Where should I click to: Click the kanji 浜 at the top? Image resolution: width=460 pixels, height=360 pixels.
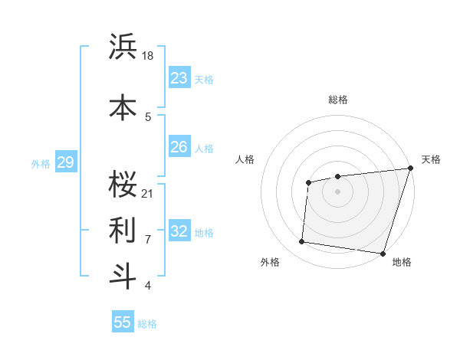tap(123, 47)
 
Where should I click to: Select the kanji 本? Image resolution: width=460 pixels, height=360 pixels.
tap(123, 105)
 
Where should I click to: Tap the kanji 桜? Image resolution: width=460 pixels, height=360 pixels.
tap(123, 182)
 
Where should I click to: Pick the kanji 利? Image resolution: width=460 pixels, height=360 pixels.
tap(123, 229)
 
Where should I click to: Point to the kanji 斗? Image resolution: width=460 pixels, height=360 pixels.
tap(123, 277)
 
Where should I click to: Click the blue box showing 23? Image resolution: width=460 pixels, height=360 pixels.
tap(179, 78)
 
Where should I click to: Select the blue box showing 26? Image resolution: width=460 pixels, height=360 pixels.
tap(179, 147)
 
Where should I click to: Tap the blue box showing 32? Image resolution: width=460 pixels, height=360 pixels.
tap(179, 231)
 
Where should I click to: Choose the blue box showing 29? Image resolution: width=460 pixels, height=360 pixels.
tap(65, 162)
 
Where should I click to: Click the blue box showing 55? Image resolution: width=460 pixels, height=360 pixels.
tap(123, 322)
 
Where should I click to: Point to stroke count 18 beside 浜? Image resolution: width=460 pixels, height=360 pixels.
tap(148, 55)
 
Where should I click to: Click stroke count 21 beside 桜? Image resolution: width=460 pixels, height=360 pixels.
tap(148, 192)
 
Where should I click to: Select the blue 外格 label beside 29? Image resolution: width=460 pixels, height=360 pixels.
tap(41, 163)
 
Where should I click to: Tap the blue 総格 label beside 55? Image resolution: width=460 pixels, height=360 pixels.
tap(147, 324)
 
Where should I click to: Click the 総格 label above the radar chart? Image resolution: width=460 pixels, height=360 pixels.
tap(337, 100)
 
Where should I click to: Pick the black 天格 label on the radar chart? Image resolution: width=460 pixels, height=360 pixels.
tap(431, 159)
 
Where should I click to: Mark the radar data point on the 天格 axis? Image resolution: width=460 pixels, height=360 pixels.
tap(410, 169)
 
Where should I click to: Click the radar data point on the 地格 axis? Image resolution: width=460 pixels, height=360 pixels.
tap(383, 253)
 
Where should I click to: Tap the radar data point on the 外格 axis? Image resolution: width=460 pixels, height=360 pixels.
tap(302, 242)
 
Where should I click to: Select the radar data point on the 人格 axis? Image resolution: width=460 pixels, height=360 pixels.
tap(308, 182)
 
